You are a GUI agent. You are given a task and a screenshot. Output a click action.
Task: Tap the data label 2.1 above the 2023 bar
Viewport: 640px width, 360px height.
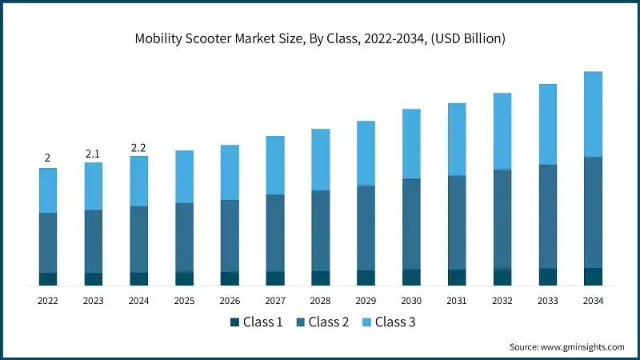coord(93,153)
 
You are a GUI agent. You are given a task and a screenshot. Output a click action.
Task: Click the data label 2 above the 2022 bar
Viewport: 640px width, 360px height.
coord(47,158)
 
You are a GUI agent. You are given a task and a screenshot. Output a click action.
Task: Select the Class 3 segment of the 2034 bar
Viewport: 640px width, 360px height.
coord(593,114)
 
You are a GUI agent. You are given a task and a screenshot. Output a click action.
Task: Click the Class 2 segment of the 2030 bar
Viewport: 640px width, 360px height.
coord(411,223)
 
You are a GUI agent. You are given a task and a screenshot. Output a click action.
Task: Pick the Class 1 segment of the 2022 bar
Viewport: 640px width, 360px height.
coord(48,278)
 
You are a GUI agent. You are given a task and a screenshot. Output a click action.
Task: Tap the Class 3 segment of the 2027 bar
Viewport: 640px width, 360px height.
coord(275,165)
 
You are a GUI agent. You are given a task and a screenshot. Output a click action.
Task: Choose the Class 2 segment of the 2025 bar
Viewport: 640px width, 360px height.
coord(184,237)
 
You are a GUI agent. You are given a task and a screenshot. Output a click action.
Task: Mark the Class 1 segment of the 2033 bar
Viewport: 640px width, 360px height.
coord(547,276)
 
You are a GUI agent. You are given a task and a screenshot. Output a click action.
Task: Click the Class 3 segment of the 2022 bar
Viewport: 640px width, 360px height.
coord(48,190)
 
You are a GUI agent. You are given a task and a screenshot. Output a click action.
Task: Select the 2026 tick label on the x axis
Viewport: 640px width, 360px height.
coord(230,301)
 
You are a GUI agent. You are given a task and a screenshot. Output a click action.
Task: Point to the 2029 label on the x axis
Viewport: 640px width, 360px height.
coord(366,301)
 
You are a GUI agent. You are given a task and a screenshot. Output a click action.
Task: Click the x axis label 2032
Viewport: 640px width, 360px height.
coord(502,301)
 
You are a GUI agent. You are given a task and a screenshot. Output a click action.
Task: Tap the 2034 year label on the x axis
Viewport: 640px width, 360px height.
coord(593,301)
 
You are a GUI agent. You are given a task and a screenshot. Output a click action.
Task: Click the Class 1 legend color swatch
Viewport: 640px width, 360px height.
coord(235,322)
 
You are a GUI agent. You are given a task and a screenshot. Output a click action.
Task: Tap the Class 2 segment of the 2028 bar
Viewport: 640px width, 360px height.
coord(320,230)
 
